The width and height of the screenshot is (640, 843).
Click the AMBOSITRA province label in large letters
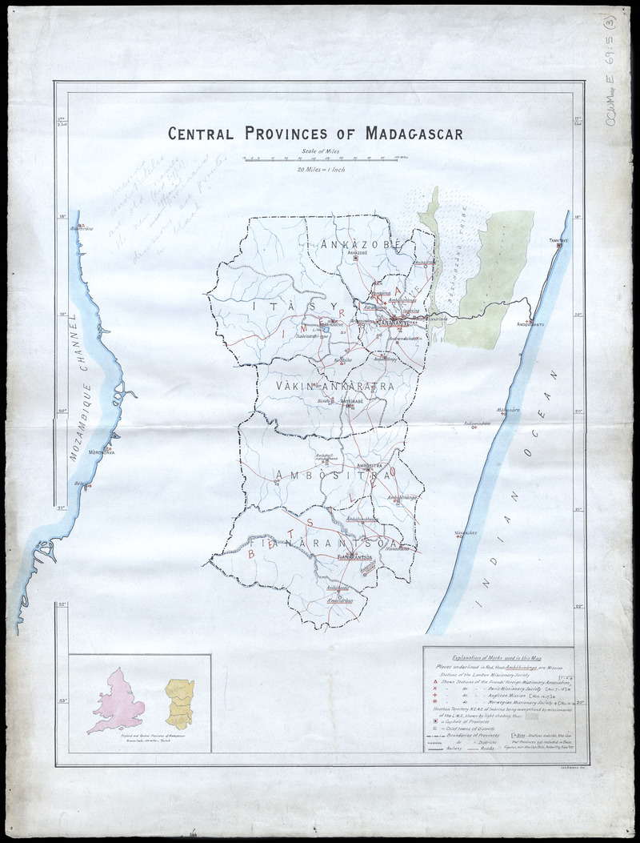pos(332,475)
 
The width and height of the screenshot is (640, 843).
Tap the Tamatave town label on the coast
pos(558,239)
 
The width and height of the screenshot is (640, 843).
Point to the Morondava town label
pos(102,451)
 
